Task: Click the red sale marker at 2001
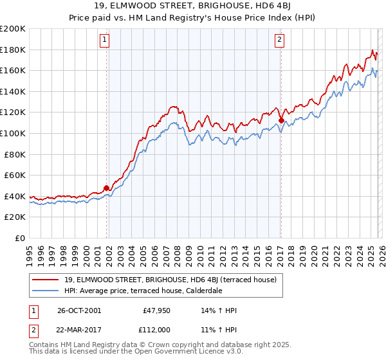pyautogui.click(x=107, y=188)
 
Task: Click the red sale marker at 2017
pyautogui.click(x=281, y=120)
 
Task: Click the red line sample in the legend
pyautogui.click(x=46, y=280)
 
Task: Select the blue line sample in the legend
pyautogui.click(x=46, y=291)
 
